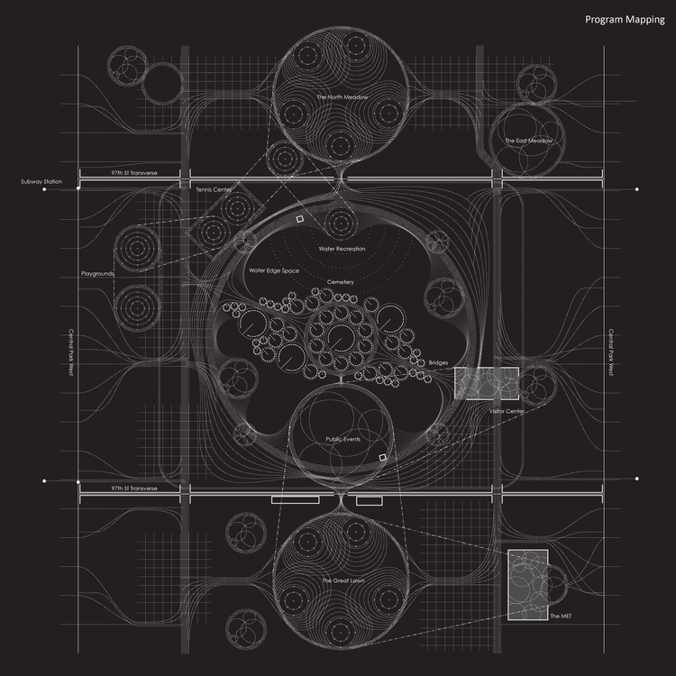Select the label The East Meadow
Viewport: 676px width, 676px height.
527,142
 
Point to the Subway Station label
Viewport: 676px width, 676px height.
41,182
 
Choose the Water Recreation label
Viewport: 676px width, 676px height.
340,248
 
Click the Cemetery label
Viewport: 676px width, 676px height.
341,282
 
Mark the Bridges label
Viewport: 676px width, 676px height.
439,362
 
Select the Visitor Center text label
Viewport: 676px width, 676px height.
507,410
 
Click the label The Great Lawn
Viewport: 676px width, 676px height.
340,580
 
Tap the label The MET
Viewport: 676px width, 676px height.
560,616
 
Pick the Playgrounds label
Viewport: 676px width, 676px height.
97,272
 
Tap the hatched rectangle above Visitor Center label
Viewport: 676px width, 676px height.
487,383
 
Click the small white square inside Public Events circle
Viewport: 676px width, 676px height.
382,459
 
